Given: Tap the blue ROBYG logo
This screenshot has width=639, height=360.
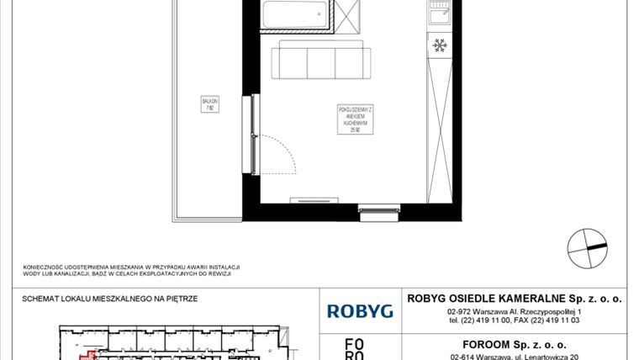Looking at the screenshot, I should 359,311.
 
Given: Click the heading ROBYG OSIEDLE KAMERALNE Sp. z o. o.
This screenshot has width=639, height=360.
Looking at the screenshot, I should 514,297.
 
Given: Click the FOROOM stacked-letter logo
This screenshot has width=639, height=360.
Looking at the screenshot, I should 356,348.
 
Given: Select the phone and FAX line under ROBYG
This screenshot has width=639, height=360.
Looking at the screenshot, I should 514,320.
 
